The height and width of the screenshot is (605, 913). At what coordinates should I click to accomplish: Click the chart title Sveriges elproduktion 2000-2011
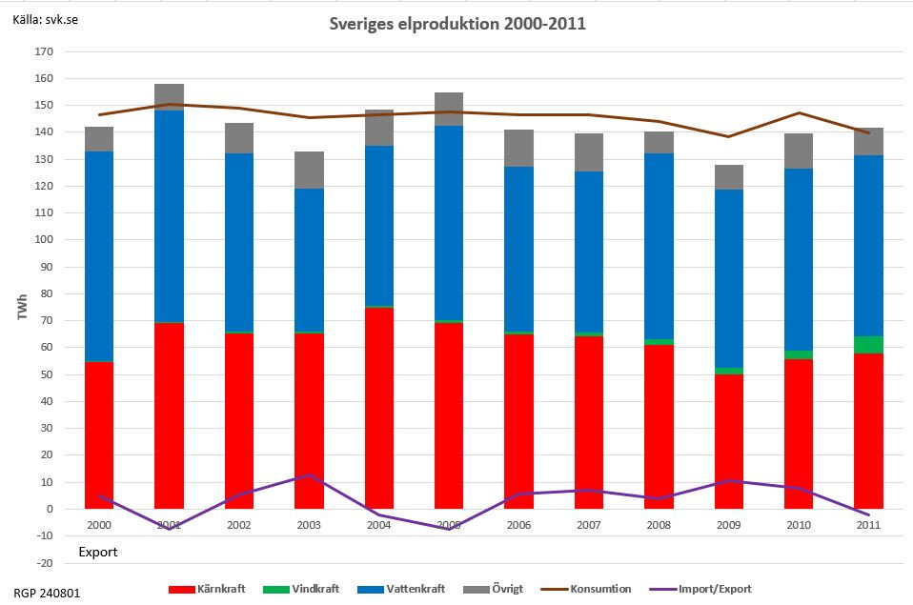click(x=456, y=23)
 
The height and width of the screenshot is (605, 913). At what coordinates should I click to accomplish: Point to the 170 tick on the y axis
click(x=43, y=51)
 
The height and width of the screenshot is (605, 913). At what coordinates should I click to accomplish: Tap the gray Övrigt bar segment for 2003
click(x=309, y=170)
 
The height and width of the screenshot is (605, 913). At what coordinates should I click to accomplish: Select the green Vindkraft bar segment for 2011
click(x=868, y=345)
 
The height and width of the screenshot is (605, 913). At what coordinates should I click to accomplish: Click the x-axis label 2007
click(x=589, y=525)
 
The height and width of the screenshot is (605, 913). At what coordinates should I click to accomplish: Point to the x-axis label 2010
click(x=799, y=525)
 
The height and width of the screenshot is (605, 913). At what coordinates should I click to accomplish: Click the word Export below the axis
click(x=97, y=552)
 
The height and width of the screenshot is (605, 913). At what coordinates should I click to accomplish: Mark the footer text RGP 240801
click(x=48, y=593)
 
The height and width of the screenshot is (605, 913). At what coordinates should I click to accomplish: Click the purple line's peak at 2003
click(x=309, y=474)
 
